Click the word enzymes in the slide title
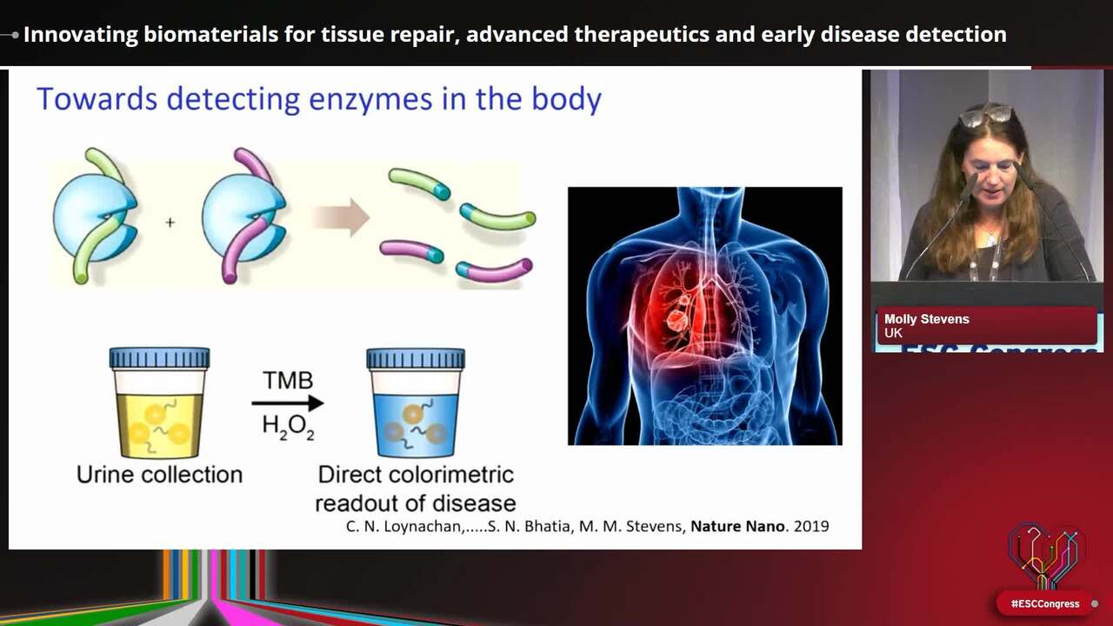(370, 99)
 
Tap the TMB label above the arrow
(288, 381)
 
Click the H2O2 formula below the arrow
(288, 427)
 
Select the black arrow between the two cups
(288, 403)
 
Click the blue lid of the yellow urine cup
(159, 357)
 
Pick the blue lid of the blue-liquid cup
(416, 358)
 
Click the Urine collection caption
(159, 475)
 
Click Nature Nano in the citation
(737, 526)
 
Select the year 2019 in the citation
(811, 526)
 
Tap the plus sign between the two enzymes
(170, 222)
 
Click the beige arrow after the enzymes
(342, 217)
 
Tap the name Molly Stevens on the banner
(927, 319)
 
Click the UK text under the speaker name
(893, 333)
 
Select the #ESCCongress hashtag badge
(1045, 603)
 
